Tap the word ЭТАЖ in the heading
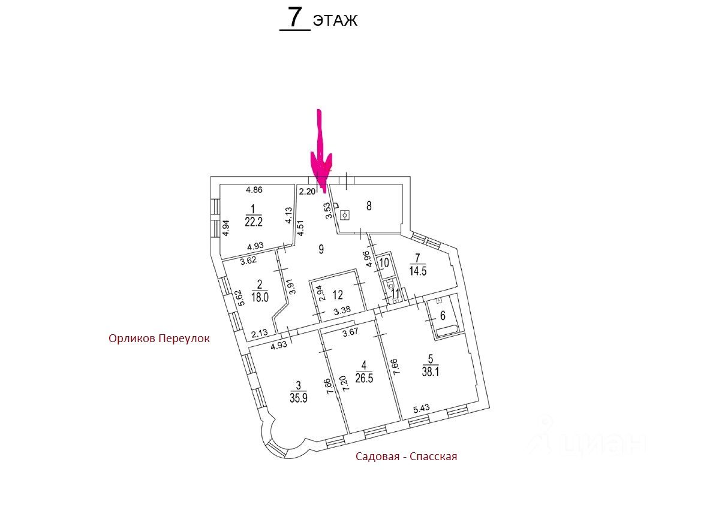click(x=335, y=21)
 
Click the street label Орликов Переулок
click(x=160, y=338)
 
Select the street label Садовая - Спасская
click(x=406, y=456)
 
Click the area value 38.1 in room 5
click(x=430, y=370)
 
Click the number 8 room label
click(x=369, y=206)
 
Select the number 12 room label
click(x=338, y=294)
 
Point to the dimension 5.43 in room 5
click(x=421, y=410)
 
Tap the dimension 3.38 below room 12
click(x=341, y=310)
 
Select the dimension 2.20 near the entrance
click(x=306, y=192)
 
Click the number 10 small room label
click(x=384, y=262)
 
